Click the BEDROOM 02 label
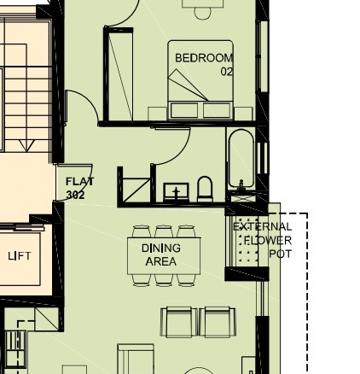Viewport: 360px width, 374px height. (x=204, y=65)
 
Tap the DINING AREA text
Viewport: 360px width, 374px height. (x=161, y=254)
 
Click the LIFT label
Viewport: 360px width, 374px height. (x=20, y=256)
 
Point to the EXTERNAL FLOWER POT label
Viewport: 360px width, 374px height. (x=263, y=241)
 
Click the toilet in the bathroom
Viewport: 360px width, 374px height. (x=205, y=189)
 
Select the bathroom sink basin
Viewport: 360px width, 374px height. (x=176, y=192)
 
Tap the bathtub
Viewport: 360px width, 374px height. (x=241, y=159)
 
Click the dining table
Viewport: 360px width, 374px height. (x=164, y=256)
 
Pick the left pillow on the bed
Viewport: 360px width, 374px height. (x=184, y=110)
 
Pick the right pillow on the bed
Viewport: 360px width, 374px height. (x=217, y=110)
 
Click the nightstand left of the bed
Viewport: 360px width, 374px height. (x=157, y=114)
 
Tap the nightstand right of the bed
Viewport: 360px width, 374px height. (x=243, y=114)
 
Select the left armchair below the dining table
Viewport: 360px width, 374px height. (x=179, y=322)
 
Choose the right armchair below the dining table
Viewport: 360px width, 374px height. (x=218, y=322)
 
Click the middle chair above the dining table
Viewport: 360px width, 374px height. (x=164, y=231)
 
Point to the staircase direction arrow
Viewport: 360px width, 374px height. (x=26, y=145)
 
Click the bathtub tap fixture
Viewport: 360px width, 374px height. (x=241, y=184)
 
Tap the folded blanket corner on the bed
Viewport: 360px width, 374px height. (x=188, y=85)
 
